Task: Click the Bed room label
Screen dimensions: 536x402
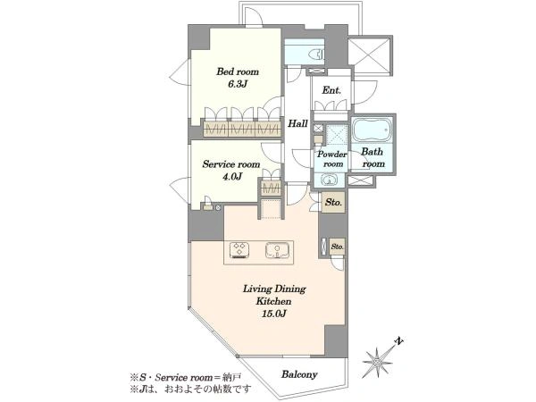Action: click(x=238, y=72)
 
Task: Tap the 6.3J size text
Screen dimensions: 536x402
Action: click(x=238, y=84)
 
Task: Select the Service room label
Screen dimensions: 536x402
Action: click(x=231, y=164)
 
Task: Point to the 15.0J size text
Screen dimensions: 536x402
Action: click(x=273, y=314)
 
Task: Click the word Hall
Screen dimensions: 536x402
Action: click(x=297, y=123)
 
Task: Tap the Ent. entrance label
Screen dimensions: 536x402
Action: click(x=331, y=90)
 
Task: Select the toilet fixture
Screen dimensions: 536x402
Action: click(x=316, y=54)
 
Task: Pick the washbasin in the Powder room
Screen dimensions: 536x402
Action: click(x=330, y=180)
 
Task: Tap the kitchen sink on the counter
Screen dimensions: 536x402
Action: click(x=278, y=250)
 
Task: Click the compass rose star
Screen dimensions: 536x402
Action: click(x=377, y=361)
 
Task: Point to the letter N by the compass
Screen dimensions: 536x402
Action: click(x=398, y=341)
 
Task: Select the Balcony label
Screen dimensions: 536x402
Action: click(x=299, y=374)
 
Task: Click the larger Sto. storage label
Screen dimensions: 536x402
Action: click(x=333, y=203)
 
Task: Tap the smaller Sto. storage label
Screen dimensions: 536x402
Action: click(x=338, y=247)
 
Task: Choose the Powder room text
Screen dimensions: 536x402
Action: click(x=332, y=159)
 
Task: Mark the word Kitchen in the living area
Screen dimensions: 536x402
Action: click(x=274, y=302)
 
